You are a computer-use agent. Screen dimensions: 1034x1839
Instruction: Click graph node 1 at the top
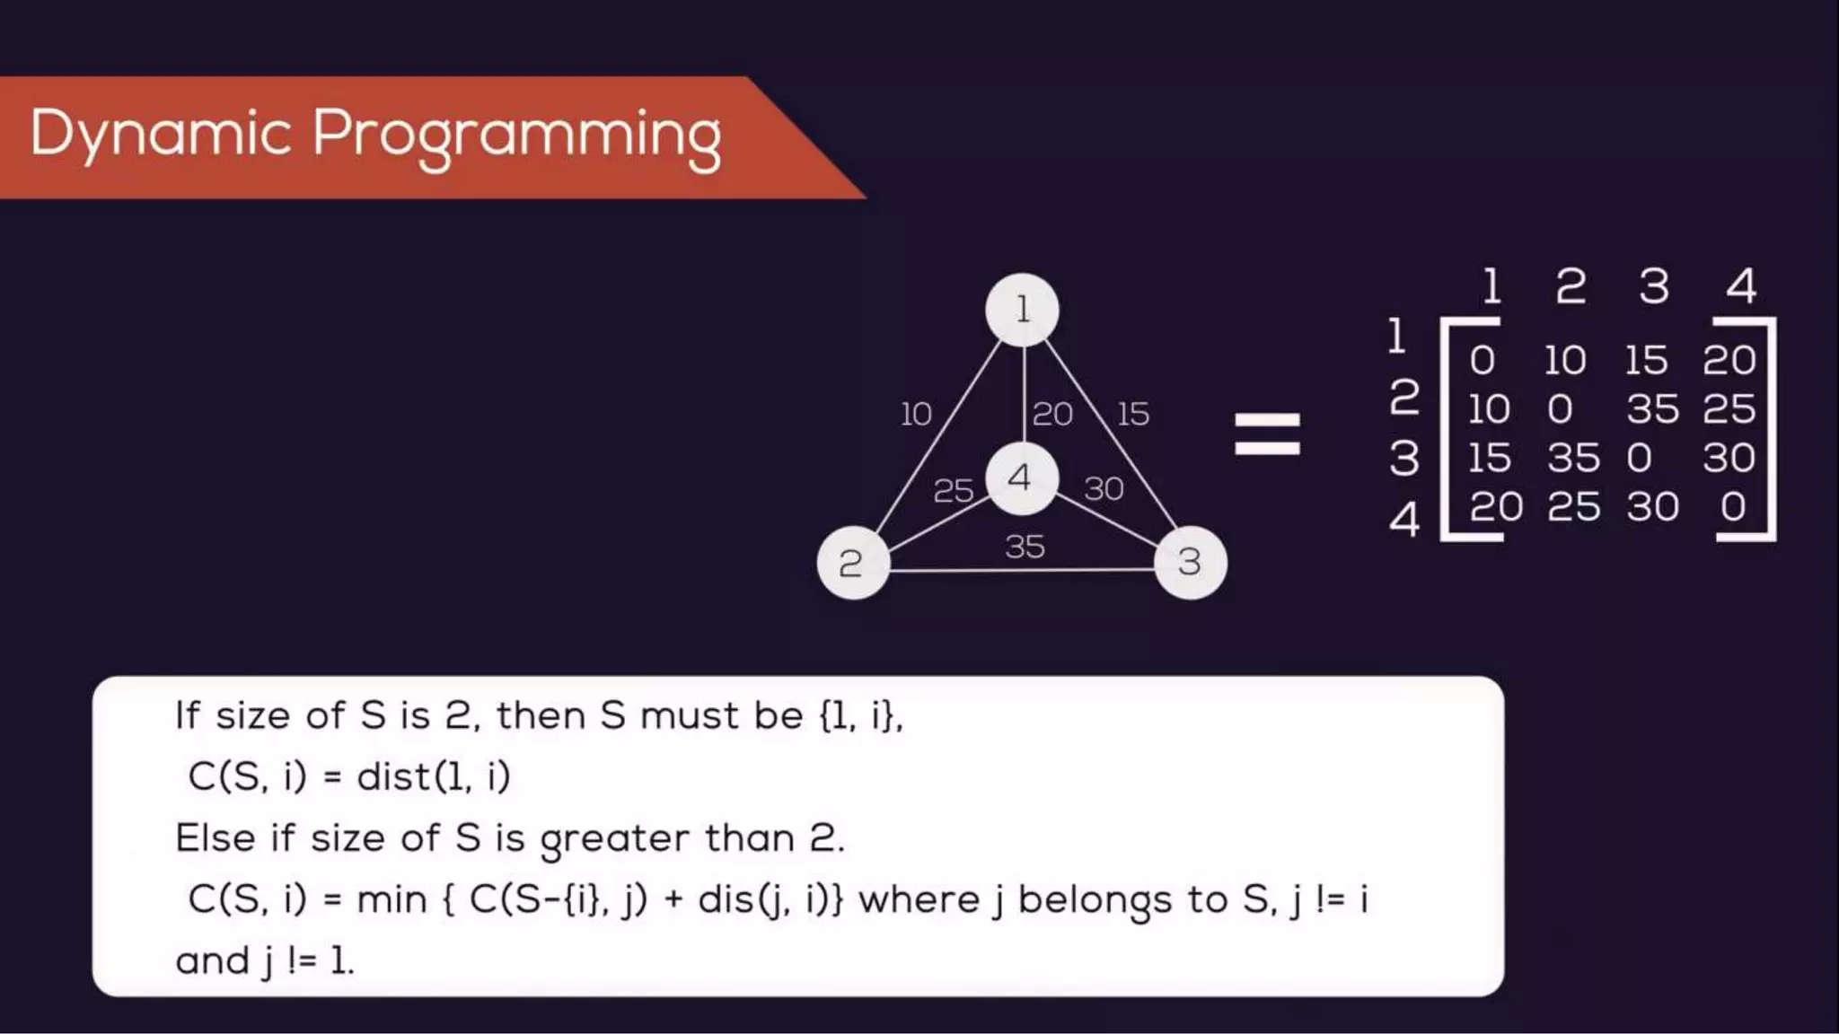1022,311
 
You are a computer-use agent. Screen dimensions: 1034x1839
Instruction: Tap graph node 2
852,563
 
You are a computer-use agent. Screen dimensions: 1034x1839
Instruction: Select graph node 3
1190,563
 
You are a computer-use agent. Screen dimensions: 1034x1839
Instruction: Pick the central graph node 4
1021,478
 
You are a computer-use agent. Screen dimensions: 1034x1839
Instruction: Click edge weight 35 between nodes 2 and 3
1025,546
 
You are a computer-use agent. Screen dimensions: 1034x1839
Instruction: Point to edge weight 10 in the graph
916,415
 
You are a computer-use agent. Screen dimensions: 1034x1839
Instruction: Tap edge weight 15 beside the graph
1133,414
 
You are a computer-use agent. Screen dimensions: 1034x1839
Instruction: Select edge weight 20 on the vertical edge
1052,414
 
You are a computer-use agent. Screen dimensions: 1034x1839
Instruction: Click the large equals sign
1267,434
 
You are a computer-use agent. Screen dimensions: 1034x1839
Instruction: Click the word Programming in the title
516,136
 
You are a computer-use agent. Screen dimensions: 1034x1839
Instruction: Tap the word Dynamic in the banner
161,136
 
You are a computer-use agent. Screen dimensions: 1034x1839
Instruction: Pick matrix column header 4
1740,287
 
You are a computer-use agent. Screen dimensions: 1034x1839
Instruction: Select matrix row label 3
1404,458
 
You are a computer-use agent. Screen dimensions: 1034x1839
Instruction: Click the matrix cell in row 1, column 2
1565,361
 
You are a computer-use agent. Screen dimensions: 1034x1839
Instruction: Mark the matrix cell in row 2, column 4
1729,409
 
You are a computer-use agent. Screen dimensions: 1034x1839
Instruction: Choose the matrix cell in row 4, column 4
1733,507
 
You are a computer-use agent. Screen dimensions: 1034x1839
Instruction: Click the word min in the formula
392,899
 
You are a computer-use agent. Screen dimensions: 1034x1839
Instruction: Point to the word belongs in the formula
1095,900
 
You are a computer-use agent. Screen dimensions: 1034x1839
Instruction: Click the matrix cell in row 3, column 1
1489,459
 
